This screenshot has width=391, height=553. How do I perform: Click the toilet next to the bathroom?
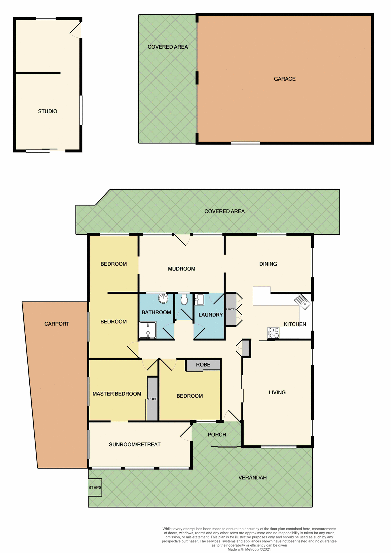coord(184,300)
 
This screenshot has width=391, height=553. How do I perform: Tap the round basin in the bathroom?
coord(163,299)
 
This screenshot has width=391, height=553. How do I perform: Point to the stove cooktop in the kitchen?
coord(273,333)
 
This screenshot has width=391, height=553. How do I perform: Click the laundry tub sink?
coord(199,300)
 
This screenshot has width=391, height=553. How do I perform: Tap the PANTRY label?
coord(231,309)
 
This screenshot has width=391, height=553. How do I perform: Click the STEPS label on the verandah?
coord(95,488)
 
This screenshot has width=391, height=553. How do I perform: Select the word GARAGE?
coord(285,79)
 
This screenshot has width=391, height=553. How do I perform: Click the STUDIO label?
coord(48,111)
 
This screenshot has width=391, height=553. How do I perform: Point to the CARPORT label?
coord(57,324)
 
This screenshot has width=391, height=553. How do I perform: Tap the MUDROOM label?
coord(182,269)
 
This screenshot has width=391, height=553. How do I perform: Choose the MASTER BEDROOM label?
coord(117,394)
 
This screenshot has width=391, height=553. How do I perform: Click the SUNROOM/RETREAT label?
coord(135,445)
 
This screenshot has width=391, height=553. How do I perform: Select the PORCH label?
coord(217,435)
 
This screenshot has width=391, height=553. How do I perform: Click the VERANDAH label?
coord(252,478)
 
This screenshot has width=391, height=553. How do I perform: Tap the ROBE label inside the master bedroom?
coord(153,399)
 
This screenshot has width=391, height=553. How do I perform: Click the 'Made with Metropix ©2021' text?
coord(249,549)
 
